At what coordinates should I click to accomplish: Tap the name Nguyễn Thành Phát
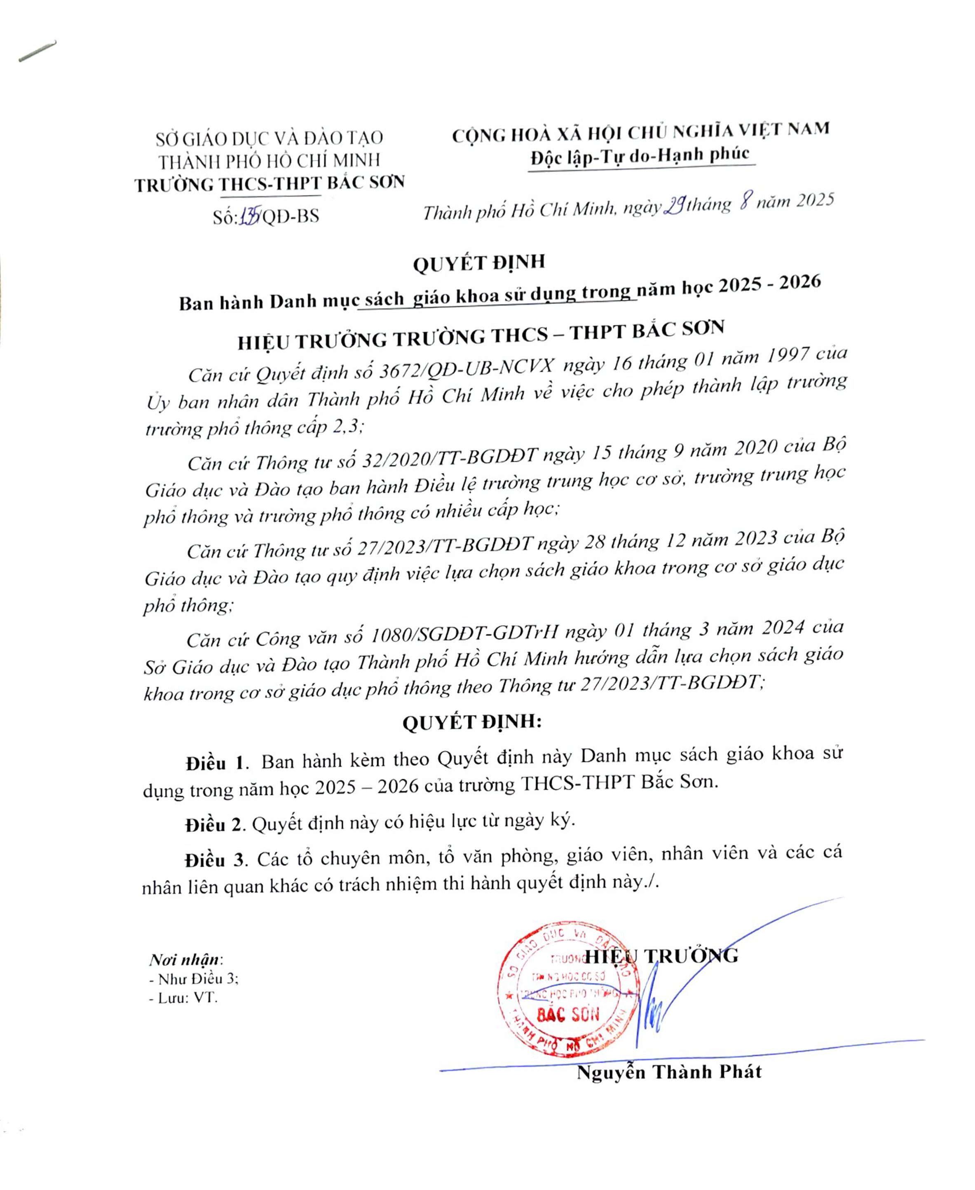(x=668, y=1072)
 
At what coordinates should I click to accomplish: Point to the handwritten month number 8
(x=745, y=202)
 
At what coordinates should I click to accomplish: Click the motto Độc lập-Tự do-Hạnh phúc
(x=640, y=155)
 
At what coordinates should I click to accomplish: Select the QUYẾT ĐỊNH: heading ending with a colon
(x=472, y=722)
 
